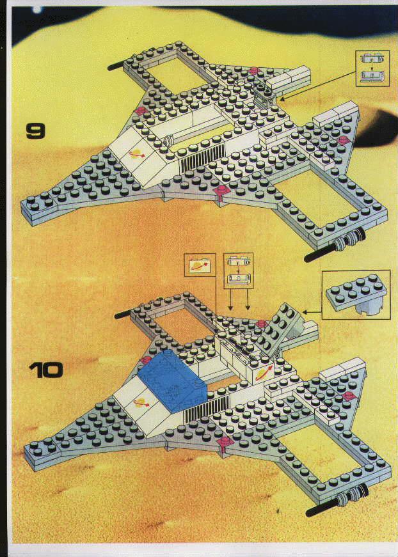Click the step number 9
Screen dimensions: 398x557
pos(36,131)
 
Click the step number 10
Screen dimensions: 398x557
pos(46,370)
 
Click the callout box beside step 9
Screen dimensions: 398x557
pos(373,68)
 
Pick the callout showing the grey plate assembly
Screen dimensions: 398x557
pos(356,294)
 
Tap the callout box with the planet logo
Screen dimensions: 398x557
pos(200,265)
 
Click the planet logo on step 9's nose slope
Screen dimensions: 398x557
pos(136,154)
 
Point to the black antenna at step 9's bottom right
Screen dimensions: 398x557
pos(320,252)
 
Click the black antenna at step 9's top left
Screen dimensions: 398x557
pos(116,66)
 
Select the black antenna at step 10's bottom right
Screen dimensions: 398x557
pos(322,507)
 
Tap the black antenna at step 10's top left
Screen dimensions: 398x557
pos(123,314)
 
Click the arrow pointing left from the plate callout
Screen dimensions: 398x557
pos(312,313)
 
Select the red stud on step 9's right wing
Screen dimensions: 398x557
pos(344,139)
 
